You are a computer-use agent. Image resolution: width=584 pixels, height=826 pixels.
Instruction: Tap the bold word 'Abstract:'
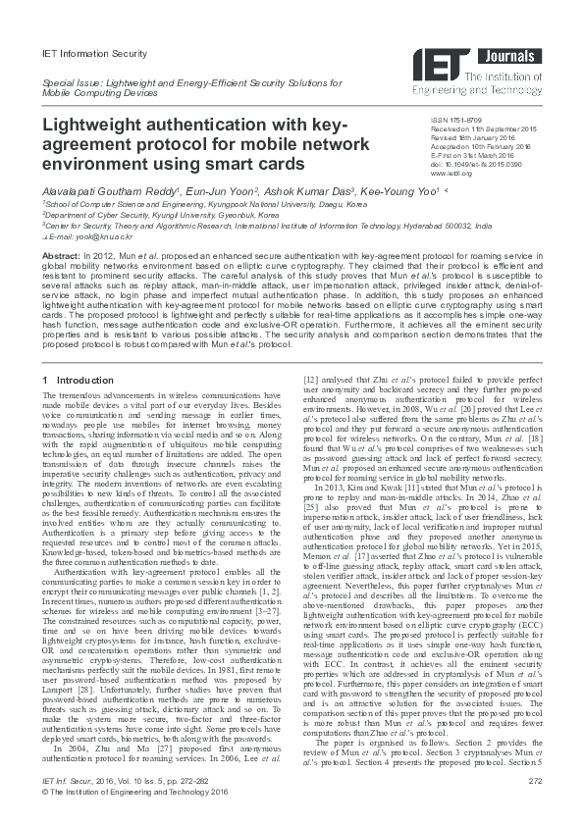click(x=61, y=255)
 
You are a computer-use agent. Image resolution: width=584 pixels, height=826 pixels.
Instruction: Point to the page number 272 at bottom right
click(x=534, y=806)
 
